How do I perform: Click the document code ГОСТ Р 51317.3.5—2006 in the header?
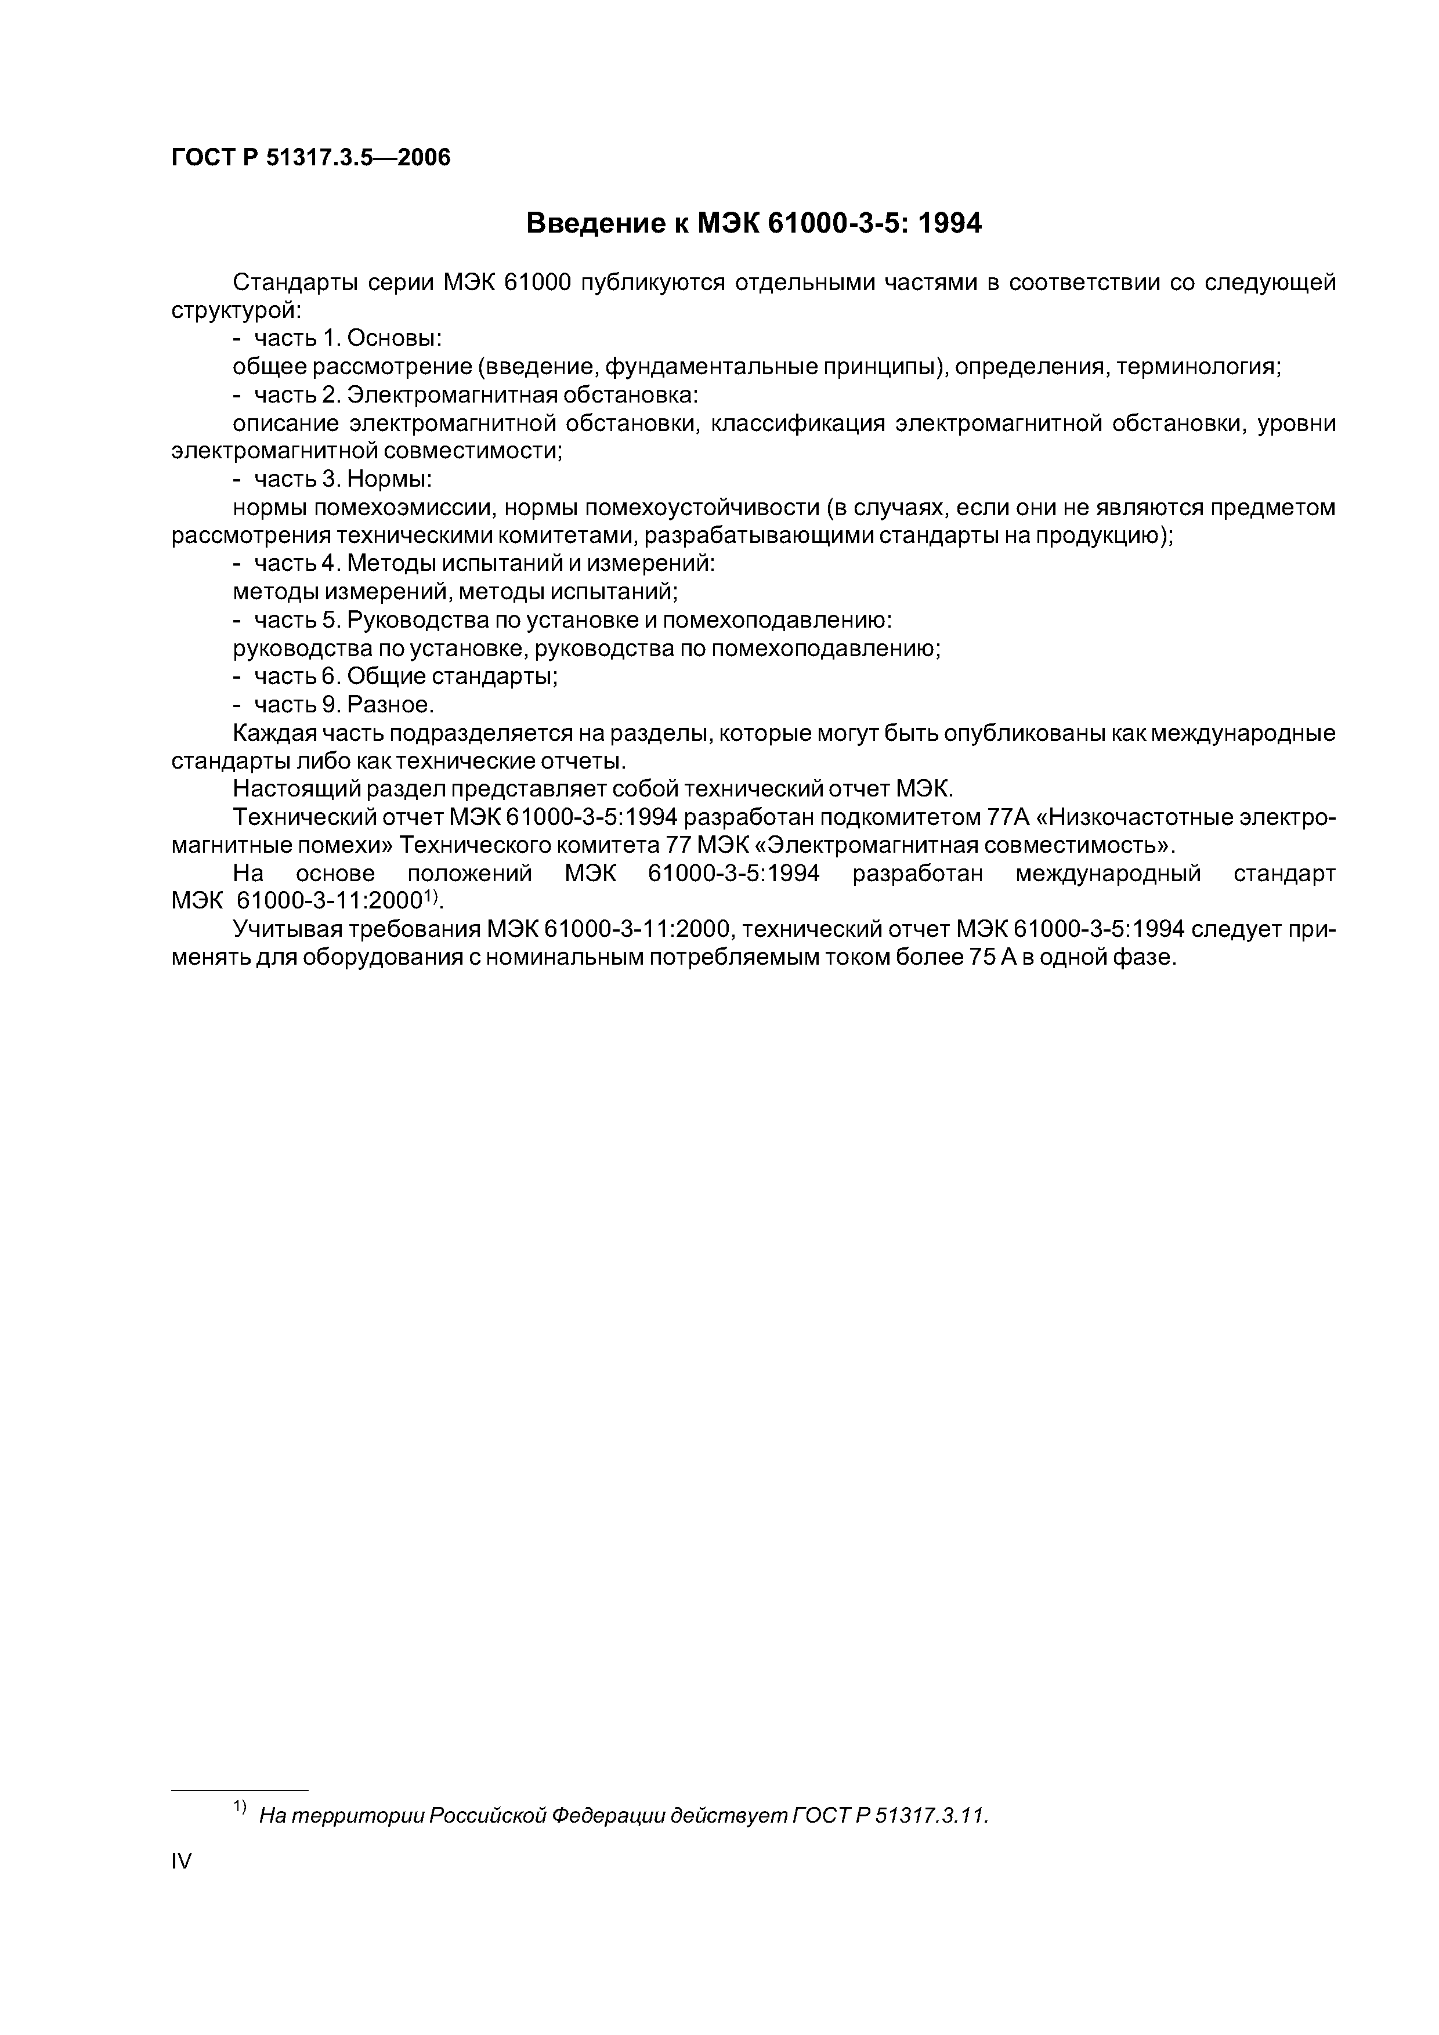coord(310,158)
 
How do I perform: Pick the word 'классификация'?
coord(798,423)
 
